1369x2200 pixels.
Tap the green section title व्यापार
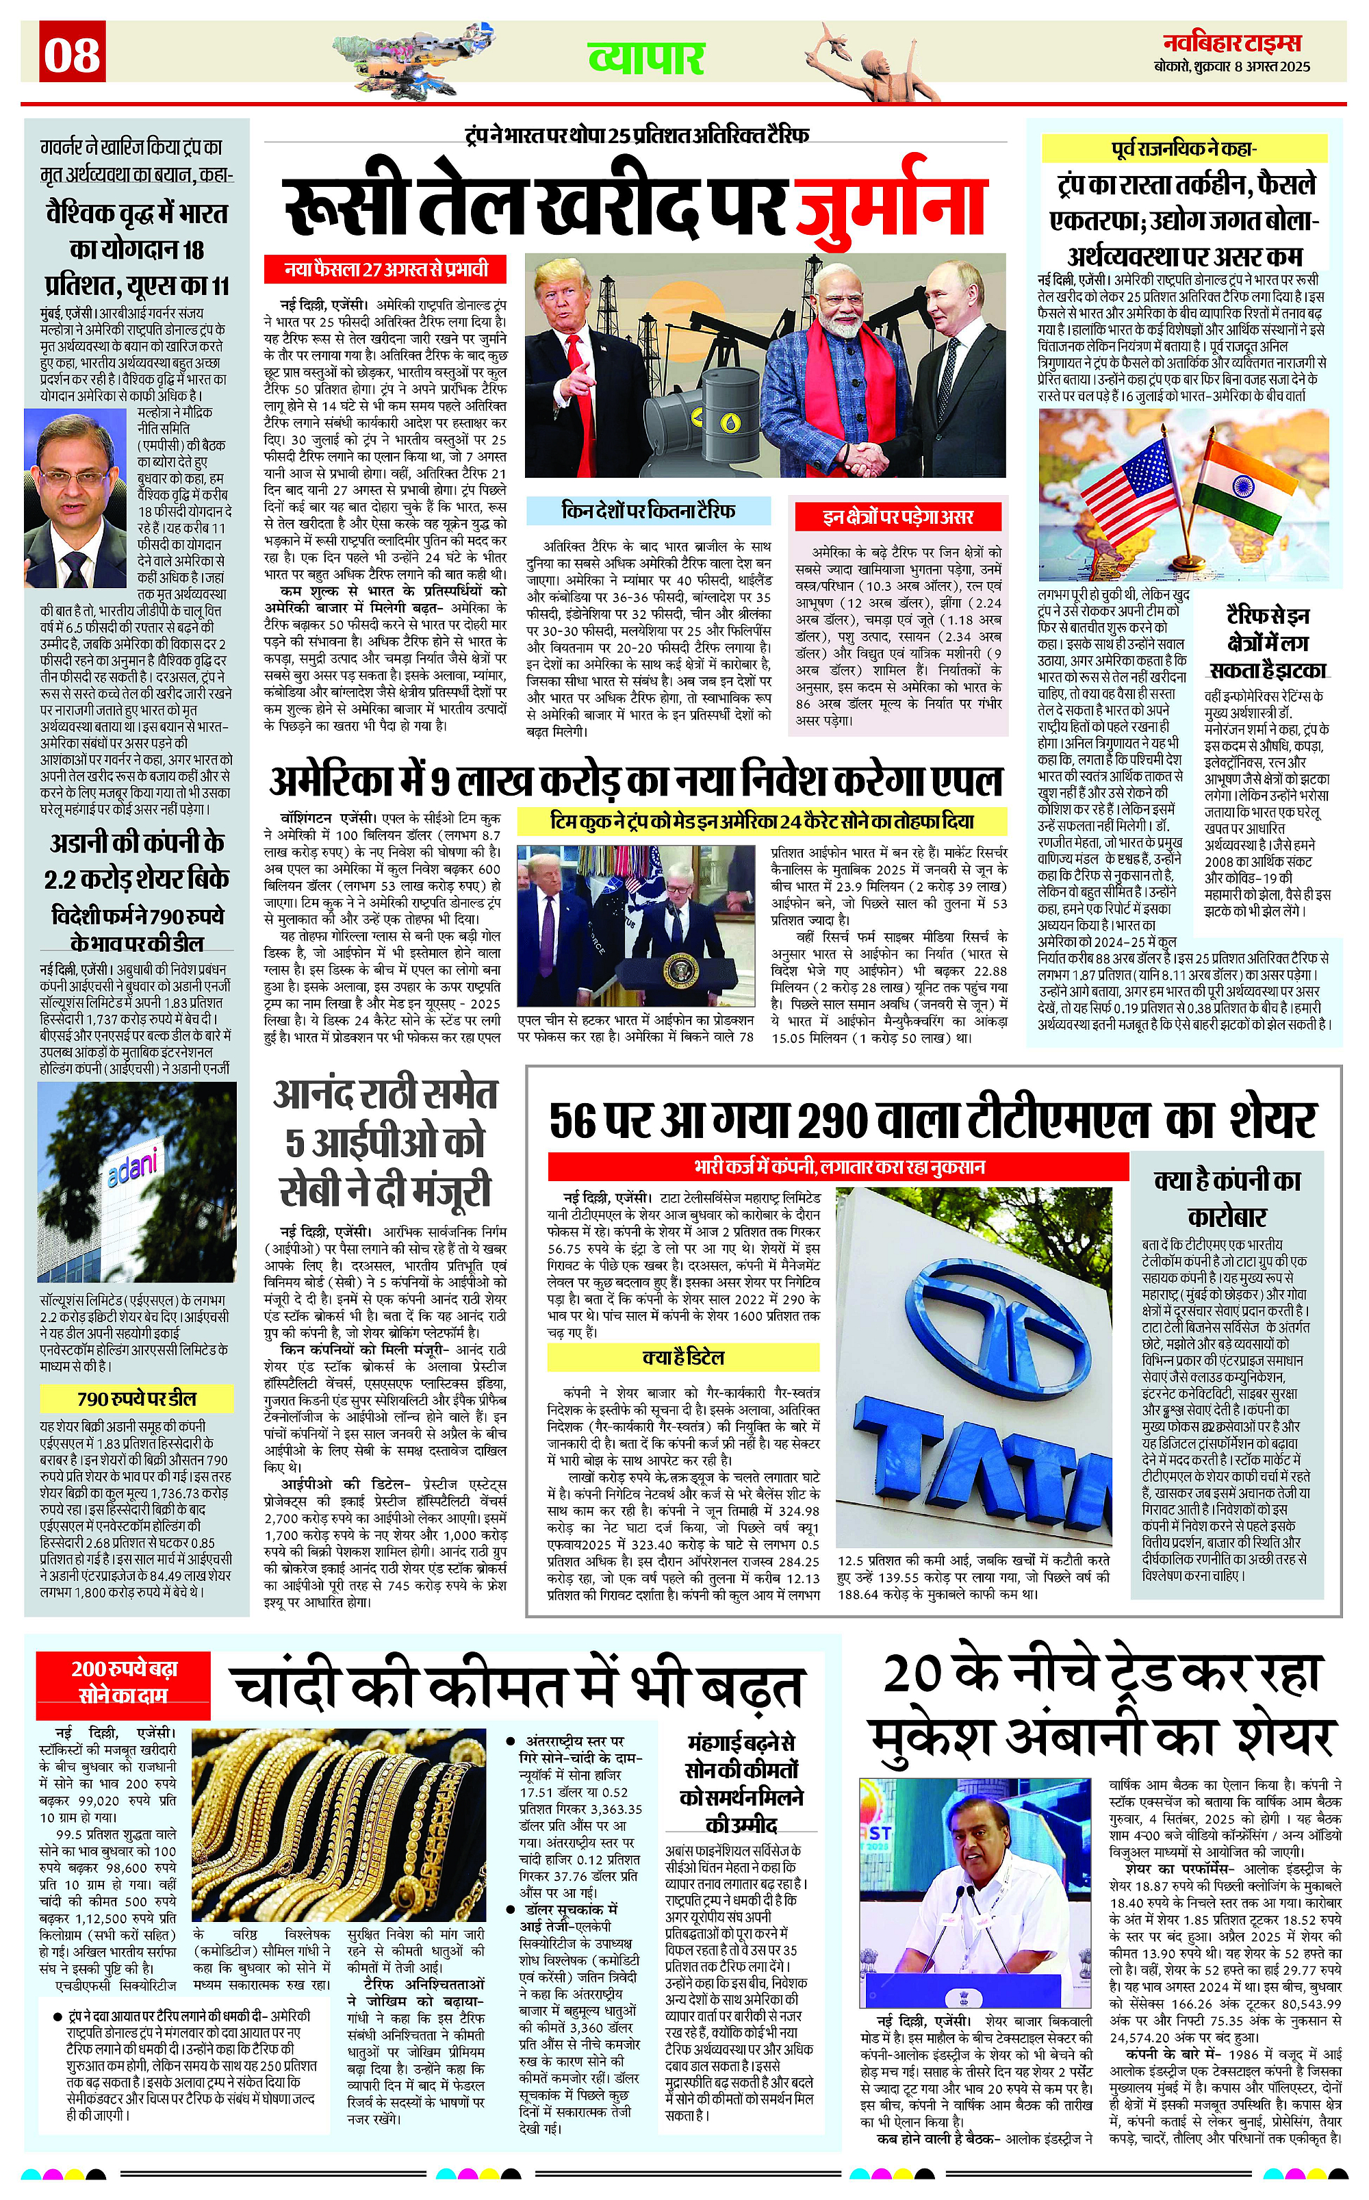pos(645,58)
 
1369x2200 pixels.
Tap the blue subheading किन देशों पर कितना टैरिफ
pos(648,511)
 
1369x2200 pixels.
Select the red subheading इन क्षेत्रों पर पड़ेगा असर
pos(897,516)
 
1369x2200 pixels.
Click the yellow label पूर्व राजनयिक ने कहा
pos(1183,149)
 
